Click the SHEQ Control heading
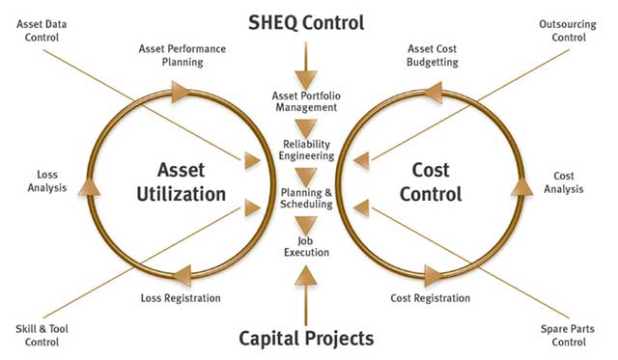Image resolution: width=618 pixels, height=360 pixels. [307, 20]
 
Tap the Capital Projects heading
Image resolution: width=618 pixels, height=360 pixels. [307, 338]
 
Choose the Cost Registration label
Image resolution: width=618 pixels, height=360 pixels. [430, 298]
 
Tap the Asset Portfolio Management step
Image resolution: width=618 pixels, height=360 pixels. [306, 102]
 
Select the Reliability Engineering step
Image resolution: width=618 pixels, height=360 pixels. [305, 150]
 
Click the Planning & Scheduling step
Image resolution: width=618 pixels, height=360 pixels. [306, 198]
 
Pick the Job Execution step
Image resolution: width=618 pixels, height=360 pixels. [306, 246]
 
